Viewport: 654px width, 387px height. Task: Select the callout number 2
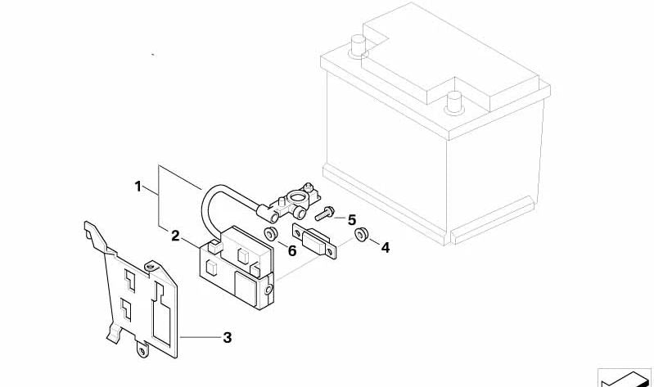coord(175,236)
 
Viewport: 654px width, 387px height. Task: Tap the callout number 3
coord(228,336)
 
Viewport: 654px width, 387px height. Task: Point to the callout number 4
coord(386,246)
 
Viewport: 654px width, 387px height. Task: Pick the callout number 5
coord(352,219)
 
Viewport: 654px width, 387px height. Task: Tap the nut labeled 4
coord(360,236)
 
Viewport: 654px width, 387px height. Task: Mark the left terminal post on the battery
coord(357,44)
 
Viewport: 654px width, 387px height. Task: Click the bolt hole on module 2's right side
coord(269,289)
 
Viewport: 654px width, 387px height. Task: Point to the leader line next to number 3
coord(201,336)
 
